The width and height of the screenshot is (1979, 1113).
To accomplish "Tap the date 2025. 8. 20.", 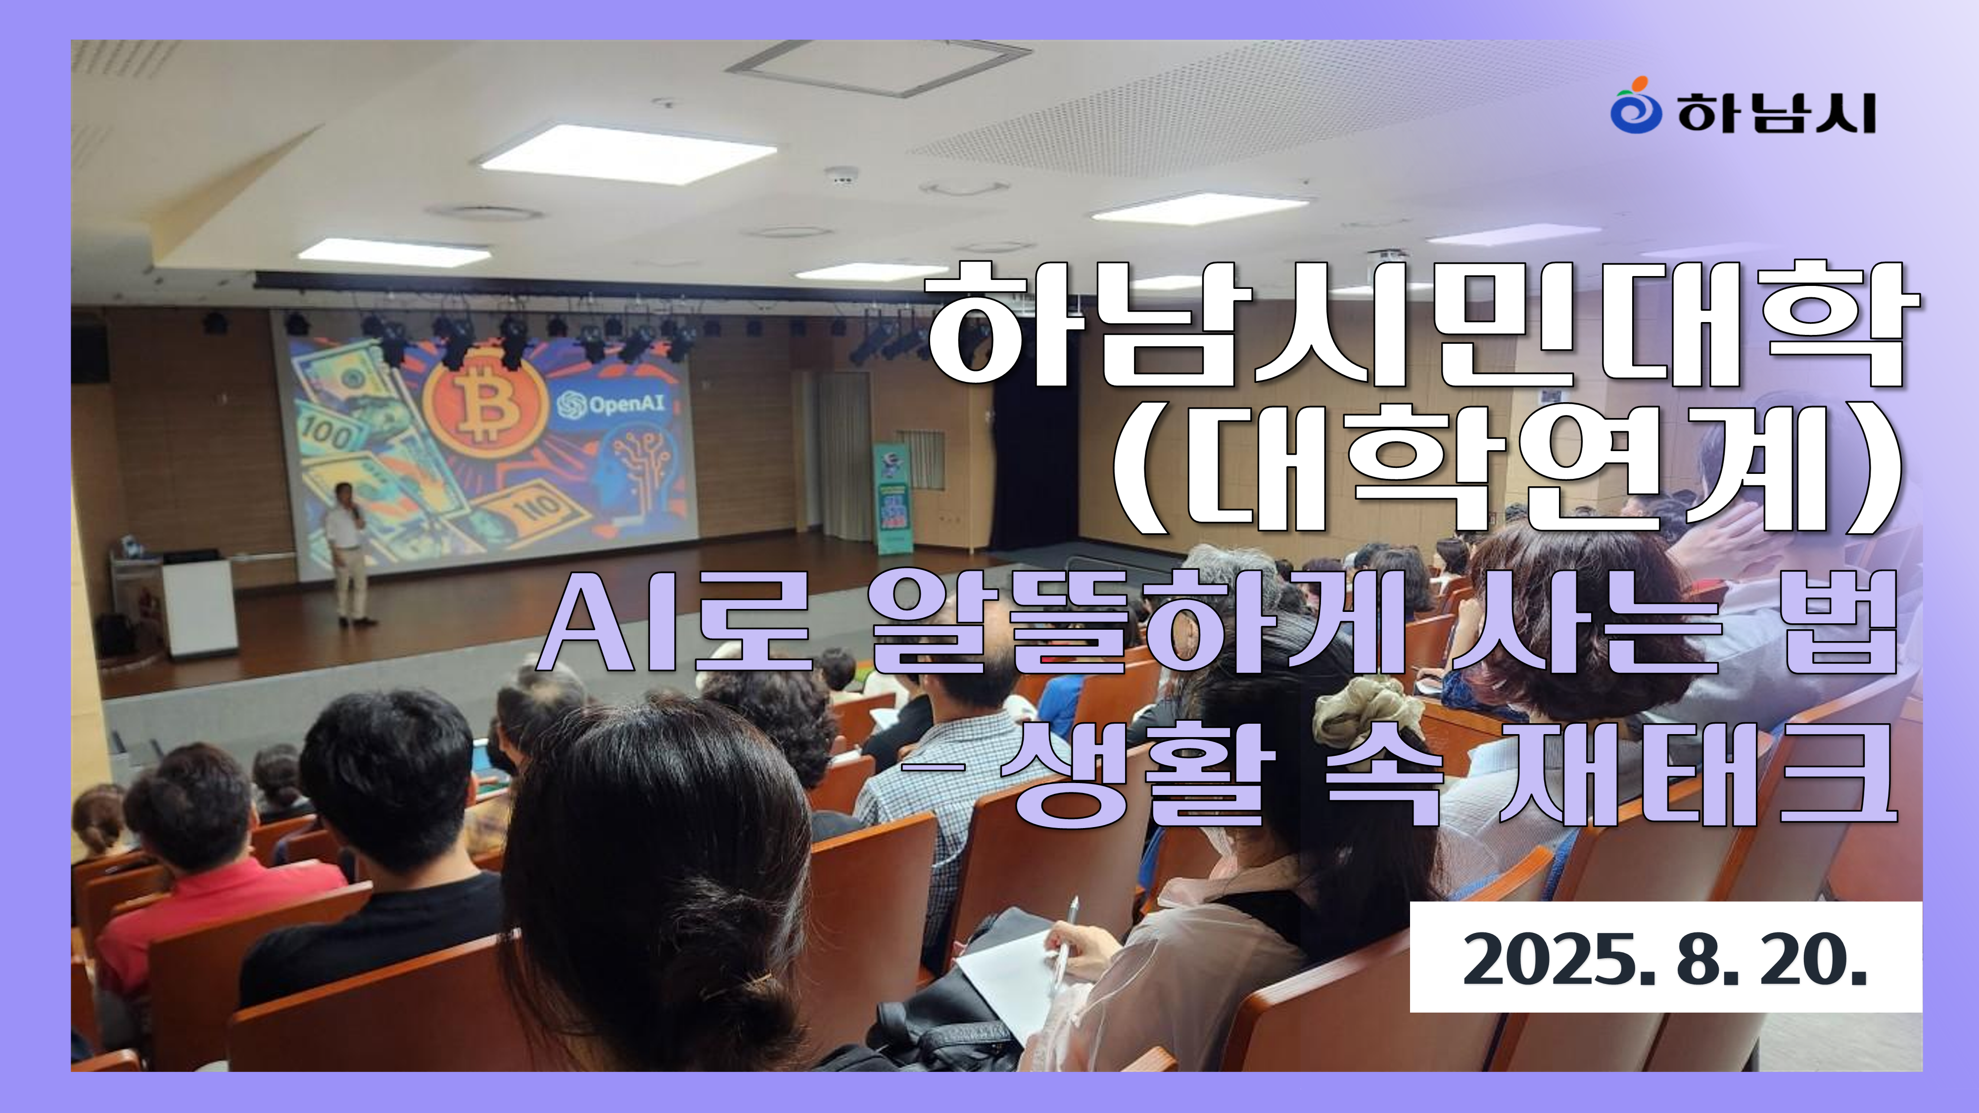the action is pyautogui.click(x=1665, y=959).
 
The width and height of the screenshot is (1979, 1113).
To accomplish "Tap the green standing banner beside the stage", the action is pyautogui.click(x=893, y=498).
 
